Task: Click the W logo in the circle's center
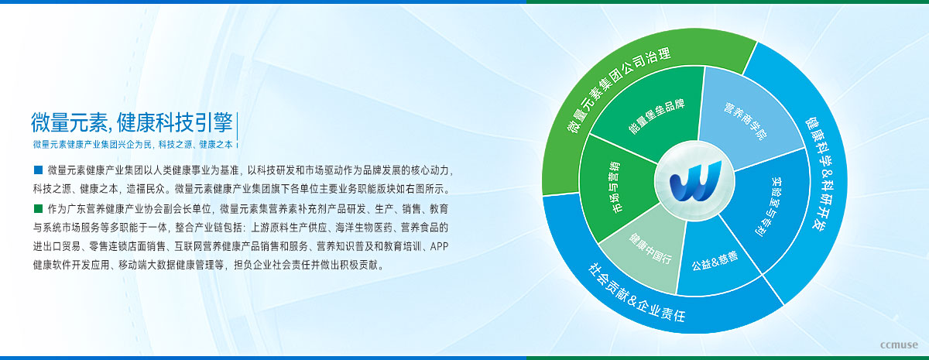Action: [x=695, y=181]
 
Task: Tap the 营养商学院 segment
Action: [x=746, y=118]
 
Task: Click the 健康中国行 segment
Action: [x=647, y=249]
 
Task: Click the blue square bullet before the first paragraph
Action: [x=38, y=170]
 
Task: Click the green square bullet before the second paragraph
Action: [x=38, y=208]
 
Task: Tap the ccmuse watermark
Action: [x=899, y=345]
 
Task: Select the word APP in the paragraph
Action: [x=439, y=246]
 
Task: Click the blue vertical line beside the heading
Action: [x=237, y=129]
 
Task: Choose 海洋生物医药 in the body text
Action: [x=364, y=228]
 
